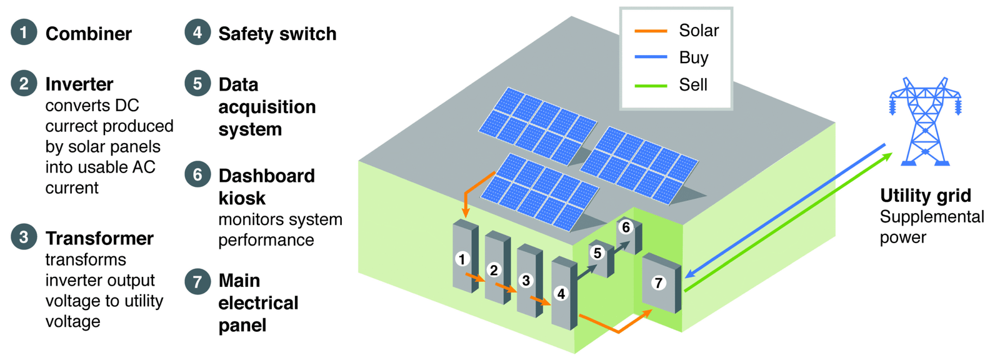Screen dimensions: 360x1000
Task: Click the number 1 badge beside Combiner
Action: (x=24, y=32)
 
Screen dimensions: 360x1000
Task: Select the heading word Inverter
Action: (x=79, y=84)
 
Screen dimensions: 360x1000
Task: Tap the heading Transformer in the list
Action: (x=99, y=238)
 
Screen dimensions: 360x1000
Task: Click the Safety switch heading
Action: (x=277, y=34)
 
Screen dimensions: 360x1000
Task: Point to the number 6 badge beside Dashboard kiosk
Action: (x=197, y=174)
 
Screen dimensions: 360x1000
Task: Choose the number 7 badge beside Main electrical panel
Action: (x=197, y=281)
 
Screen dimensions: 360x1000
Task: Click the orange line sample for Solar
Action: (x=651, y=31)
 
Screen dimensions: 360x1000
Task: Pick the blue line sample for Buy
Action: (x=651, y=57)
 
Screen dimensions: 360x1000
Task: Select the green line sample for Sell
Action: (x=651, y=85)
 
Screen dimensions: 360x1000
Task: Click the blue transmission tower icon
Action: (x=925, y=122)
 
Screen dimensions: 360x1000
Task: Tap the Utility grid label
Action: (x=925, y=196)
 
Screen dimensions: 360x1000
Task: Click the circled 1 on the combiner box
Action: (x=462, y=259)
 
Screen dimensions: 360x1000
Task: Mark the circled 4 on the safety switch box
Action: (x=561, y=293)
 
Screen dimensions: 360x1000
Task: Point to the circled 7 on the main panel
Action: (x=658, y=283)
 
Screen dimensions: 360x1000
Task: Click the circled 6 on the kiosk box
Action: (x=626, y=227)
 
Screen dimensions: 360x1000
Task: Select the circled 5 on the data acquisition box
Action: (x=597, y=253)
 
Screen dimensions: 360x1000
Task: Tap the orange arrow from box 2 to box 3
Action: (x=506, y=288)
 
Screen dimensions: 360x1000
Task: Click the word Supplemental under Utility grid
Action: (x=931, y=217)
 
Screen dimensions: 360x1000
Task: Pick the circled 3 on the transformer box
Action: (x=526, y=281)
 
